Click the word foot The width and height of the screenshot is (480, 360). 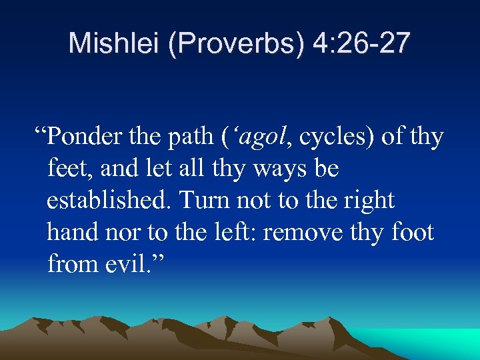pos(413,233)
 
